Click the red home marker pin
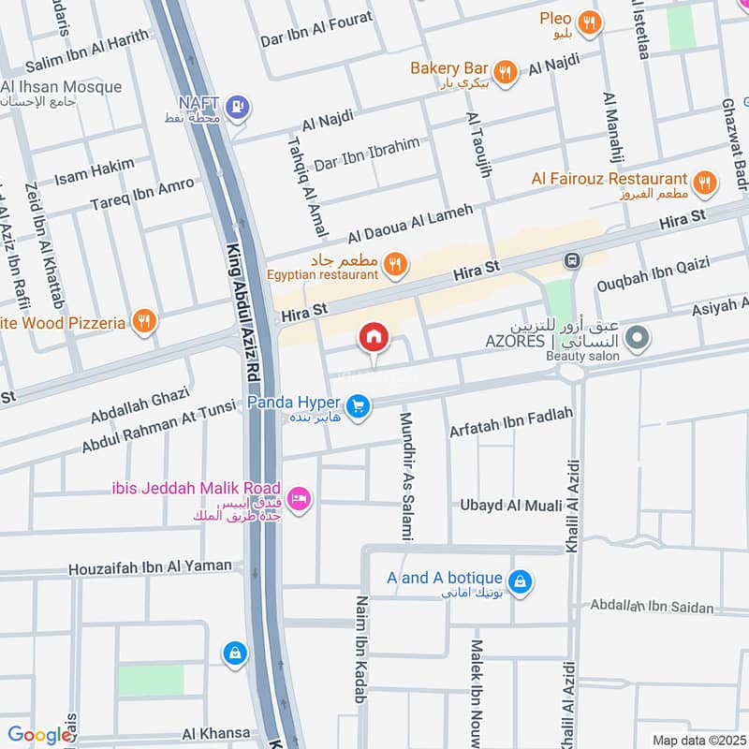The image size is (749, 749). (374, 337)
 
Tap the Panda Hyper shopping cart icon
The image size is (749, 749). (356, 405)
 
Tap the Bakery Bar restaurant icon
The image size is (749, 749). (505, 72)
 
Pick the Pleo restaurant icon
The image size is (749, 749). (589, 23)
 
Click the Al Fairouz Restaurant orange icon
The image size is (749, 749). (705, 183)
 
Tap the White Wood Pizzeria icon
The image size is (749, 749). (143, 322)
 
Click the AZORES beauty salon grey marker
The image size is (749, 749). (638, 338)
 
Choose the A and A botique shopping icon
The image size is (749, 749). (522, 583)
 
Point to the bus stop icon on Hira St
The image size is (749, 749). (568, 259)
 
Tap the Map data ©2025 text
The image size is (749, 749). (698, 740)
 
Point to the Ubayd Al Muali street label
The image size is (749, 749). (509, 506)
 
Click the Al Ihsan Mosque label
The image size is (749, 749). (62, 87)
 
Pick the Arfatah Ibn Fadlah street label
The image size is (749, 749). (510, 429)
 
